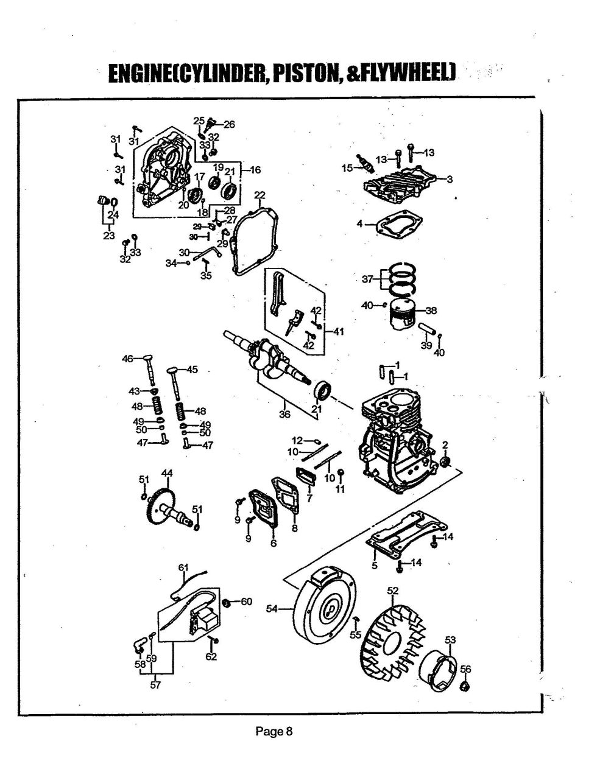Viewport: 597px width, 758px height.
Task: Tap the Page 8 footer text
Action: (274, 731)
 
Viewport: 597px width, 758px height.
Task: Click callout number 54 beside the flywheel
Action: (272, 608)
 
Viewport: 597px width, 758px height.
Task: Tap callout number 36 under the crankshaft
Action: (284, 415)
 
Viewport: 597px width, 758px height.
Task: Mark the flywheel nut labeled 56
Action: (464, 686)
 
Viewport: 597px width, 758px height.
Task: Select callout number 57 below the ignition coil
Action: (156, 685)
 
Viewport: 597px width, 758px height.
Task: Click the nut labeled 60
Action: (226, 602)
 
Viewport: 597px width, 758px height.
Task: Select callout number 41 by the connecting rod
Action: (339, 332)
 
